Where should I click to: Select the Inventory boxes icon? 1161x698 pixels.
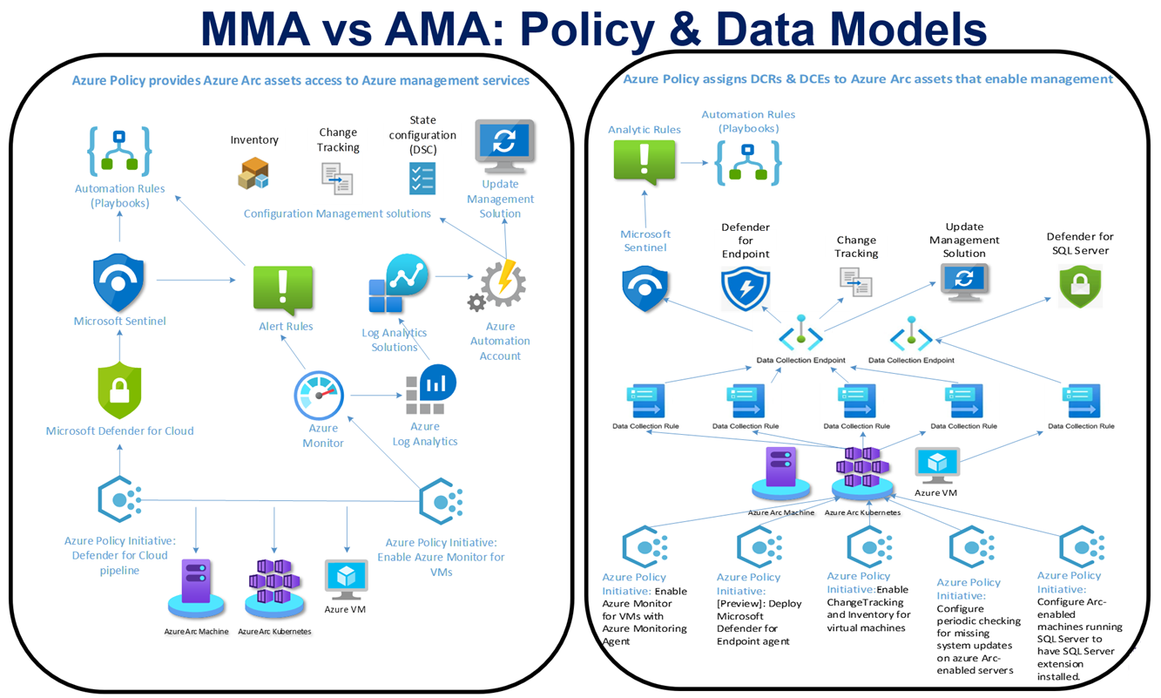coord(253,173)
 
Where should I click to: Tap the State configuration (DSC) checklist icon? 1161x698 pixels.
coord(422,177)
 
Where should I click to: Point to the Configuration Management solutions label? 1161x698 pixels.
coord(337,213)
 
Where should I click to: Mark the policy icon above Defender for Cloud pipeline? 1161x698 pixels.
coord(119,499)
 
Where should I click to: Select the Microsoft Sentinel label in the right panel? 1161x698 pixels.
coord(645,241)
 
